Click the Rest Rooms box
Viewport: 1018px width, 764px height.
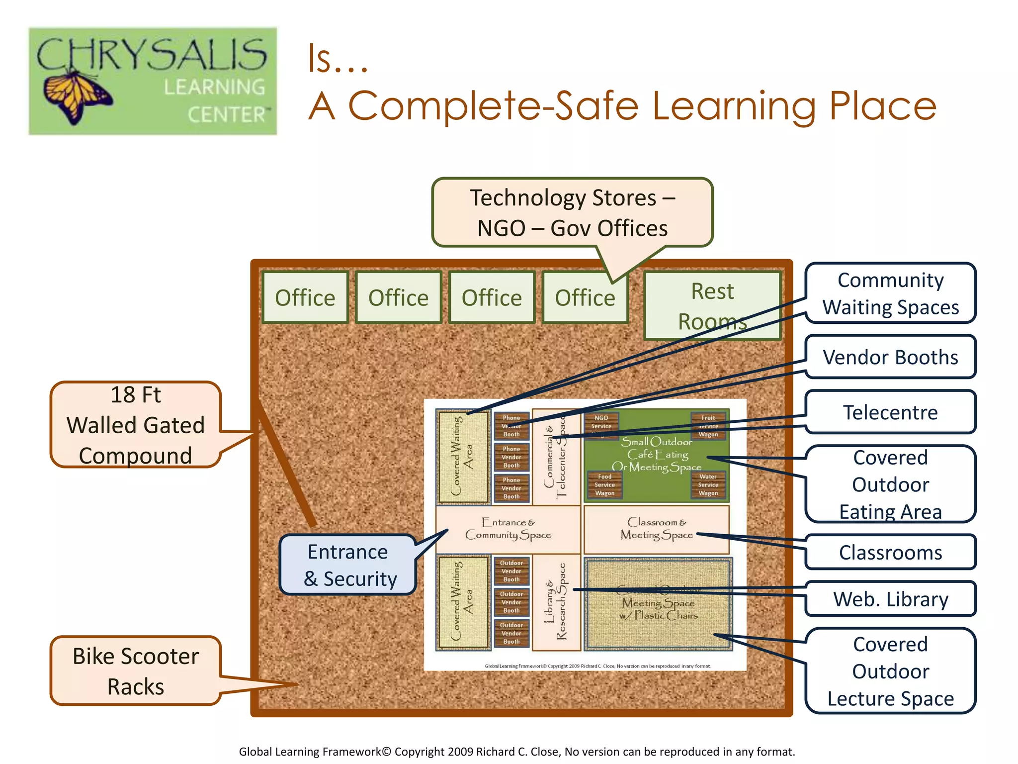pyautogui.click(x=712, y=305)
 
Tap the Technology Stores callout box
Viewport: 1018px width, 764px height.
pyautogui.click(x=572, y=212)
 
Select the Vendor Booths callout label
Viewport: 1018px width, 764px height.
pyautogui.click(x=890, y=357)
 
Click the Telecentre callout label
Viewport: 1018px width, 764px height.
pyautogui.click(x=890, y=412)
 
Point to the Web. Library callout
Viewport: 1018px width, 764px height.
pyautogui.click(x=890, y=599)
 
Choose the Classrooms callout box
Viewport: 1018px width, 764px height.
pyautogui.click(x=890, y=552)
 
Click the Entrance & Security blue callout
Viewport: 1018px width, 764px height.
pyautogui.click(x=348, y=565)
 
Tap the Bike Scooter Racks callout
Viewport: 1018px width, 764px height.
pyautogui.click(x=135, y=671)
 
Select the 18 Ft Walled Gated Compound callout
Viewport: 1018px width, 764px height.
pyautogui.click(x=135, y=425)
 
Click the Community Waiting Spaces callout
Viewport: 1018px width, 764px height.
pyautogui.click(x=890, y=293)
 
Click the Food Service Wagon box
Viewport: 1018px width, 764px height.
pyautogui.click(x=604, y=485)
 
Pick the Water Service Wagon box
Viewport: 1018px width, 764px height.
pyautogui.click(x=708, y=485)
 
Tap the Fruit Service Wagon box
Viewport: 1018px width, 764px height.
pyautogui.click(x=708, y=426)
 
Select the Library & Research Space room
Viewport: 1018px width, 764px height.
pyautogui.click(x=556, y=602)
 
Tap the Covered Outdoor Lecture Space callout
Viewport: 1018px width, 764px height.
pyautogui.click(x=890, y=671)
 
